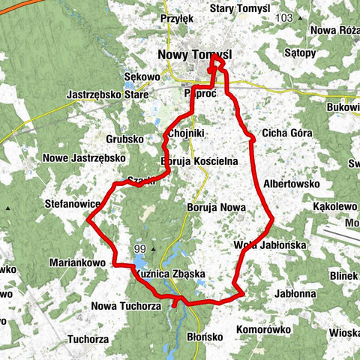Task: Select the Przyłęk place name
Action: pyautogui.click(x=177, y=18)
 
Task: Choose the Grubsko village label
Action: pyautogui.click(x=124, y=139)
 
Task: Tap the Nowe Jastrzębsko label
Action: pyautogui.click(x=83, y=158)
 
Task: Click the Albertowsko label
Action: pyautogui.click(x=292, y=183)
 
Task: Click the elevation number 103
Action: pyautogui.click(x=284, y=16)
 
